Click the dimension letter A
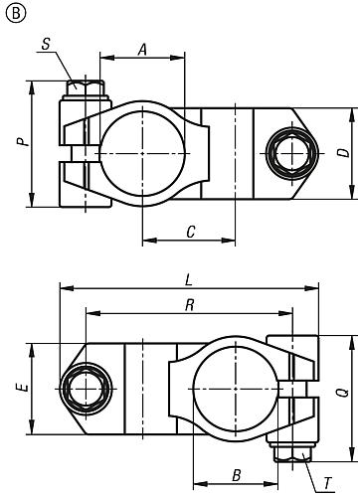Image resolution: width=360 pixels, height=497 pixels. [x=143, y=48]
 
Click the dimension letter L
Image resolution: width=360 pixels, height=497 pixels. [x=189, y=278]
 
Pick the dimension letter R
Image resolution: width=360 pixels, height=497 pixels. [x=189, y=304]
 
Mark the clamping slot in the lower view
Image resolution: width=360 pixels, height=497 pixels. [x=295, y=389]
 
